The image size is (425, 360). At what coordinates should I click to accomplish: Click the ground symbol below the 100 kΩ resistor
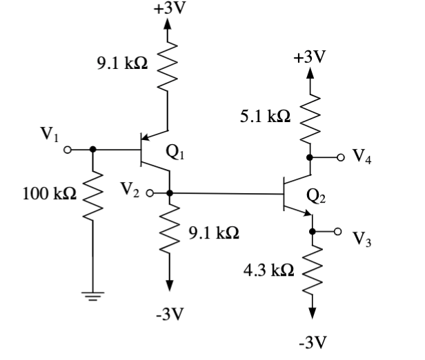(92, 295)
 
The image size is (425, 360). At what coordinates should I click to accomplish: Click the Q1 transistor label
(176, 153)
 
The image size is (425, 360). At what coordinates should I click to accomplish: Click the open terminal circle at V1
(68, 149)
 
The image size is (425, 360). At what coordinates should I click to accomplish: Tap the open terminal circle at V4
(339, 157)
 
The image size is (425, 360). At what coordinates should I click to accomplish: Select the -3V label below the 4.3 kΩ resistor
(311, 341)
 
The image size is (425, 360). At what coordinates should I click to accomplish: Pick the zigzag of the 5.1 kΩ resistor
(310, 117)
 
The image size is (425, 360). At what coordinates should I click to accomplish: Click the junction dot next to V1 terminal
(92, 149)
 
